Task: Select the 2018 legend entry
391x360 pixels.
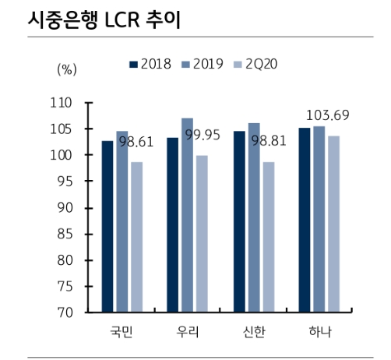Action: point(151,64)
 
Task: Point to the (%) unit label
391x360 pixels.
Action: point(66,69)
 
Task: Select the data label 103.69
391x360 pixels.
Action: point(327,115)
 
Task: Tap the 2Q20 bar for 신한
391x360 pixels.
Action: point(268,237)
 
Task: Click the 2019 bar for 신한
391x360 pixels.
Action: point(254,217)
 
